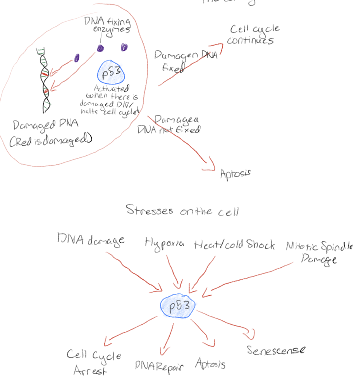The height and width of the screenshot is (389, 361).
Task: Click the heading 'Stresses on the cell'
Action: [182, 211]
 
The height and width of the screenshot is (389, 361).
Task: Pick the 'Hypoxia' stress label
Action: [164, 244]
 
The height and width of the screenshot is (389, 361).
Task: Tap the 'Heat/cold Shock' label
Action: [234, 245]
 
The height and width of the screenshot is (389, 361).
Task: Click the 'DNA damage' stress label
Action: [91, 240]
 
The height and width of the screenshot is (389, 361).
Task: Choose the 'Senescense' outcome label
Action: [276, 350]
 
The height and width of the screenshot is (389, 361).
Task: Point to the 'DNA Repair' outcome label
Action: [159, 365]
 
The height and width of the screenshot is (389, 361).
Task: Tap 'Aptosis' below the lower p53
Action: [210, 363]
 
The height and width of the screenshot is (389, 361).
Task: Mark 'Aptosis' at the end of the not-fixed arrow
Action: [235, 173]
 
